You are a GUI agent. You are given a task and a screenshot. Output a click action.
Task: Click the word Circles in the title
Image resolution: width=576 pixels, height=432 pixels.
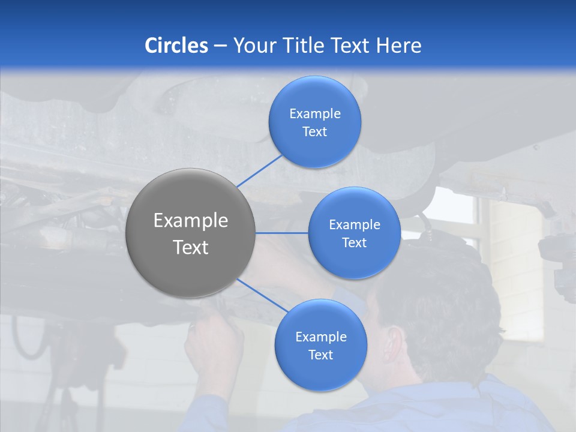click(x=176, y=46)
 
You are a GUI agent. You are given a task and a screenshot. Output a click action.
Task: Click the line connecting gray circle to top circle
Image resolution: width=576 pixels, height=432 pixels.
click(x=259, y=170)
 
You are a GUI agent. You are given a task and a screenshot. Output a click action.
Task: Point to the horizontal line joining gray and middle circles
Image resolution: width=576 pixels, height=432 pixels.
click(x=282, y=233)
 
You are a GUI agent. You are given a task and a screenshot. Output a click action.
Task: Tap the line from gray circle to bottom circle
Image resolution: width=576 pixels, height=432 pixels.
click(x=263, y=296)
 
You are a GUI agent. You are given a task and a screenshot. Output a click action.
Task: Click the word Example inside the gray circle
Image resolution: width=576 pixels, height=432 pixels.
click(x=190, y=221)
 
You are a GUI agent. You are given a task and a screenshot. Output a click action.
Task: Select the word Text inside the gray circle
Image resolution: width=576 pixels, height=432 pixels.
click(x=190, y=247)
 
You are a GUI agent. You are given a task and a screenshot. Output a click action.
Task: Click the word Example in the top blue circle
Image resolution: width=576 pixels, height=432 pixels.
click(x=315, y=114)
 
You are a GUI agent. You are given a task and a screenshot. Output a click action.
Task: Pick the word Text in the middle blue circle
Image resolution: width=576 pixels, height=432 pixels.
click(x=354, y=243)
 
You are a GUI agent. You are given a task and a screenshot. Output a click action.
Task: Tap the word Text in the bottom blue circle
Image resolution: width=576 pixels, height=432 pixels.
click(x=320, y=355)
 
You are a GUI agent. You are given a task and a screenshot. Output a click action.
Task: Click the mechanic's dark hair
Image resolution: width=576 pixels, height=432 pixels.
click(x=444, y=300)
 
